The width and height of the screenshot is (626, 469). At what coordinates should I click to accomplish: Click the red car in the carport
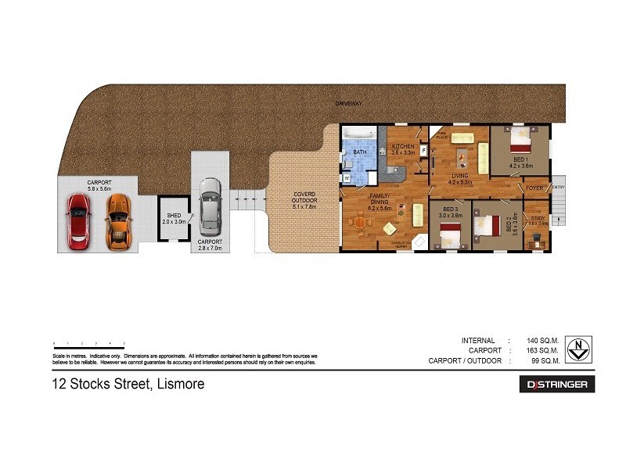tap(78, 221)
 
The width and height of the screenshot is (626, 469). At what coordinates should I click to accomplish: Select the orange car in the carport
tap(117, 221)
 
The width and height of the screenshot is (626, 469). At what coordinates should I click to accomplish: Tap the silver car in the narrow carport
tap(210, 206)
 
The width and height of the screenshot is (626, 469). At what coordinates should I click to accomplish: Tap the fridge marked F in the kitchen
tap(423, 150)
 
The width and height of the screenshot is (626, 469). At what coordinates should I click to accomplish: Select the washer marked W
tap(346, 177)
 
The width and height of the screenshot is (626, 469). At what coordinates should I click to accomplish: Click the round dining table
tap(359, 223)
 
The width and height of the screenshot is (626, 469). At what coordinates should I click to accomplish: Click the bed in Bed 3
tap(449, 235)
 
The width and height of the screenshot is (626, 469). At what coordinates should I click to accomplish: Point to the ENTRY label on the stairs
tap(558, 188)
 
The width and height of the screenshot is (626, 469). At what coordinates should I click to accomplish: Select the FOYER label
tap(534, 188)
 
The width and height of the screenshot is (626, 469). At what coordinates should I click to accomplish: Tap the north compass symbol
tap(577, 349)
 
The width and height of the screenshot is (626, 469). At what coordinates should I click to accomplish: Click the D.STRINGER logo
tap(556, 385)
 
